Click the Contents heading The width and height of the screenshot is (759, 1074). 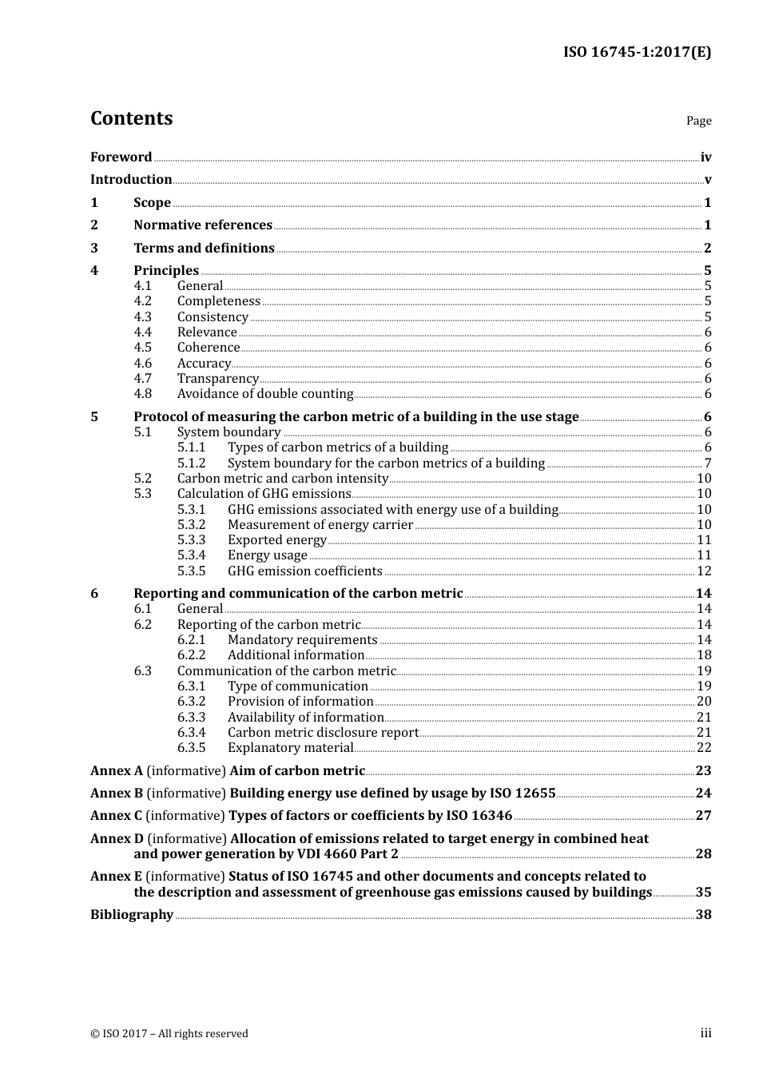131,118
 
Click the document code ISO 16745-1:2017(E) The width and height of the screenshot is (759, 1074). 637,52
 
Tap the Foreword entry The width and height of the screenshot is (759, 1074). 121,157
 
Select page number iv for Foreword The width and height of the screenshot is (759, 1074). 705,157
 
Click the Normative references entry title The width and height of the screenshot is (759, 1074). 203,225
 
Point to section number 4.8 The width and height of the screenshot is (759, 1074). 142,394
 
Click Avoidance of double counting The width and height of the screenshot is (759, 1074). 264,394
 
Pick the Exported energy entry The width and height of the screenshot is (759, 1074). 276,540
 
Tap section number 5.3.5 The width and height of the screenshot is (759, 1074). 191,571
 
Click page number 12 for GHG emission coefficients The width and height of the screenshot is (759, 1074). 704,571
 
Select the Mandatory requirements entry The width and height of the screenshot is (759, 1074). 302,640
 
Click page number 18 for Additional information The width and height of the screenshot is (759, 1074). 704,655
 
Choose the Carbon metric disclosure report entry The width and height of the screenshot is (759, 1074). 323,733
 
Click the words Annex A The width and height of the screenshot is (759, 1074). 117,771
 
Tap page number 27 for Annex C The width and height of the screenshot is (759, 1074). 703,816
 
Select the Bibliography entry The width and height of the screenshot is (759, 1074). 132,915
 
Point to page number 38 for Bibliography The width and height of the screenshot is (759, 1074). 703,915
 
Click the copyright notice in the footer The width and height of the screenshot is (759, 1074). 169,1033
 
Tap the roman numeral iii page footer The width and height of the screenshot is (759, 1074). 705,1033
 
